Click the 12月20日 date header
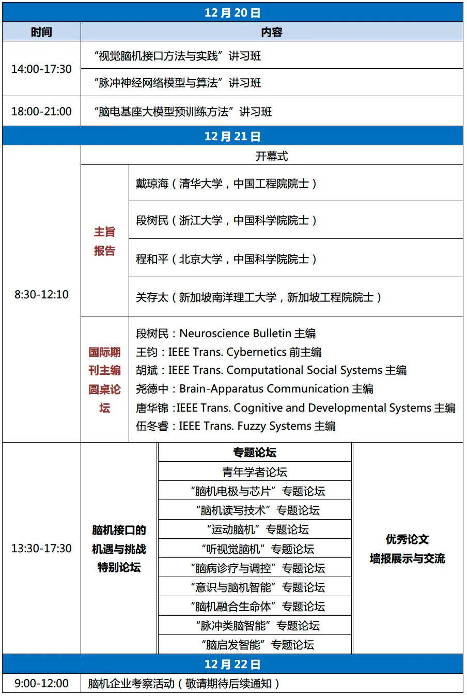tap(232, 12)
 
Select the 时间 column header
tap(41, 32)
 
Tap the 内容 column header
tap(272, 32)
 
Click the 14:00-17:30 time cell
tap(41, 69)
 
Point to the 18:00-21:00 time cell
tap(41, 111)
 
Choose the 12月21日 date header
tap(232, 136)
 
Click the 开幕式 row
tap(272, 156)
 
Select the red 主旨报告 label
tap(104, 241)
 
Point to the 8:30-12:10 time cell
tap(41, 294)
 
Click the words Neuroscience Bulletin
tap(235, 334)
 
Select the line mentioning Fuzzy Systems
tap(236, 426)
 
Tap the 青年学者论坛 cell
tap(255, 472)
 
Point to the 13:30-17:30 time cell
tap(41, 548)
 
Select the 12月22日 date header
tap(232, 664)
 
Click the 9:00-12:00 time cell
tap(41, 683)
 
